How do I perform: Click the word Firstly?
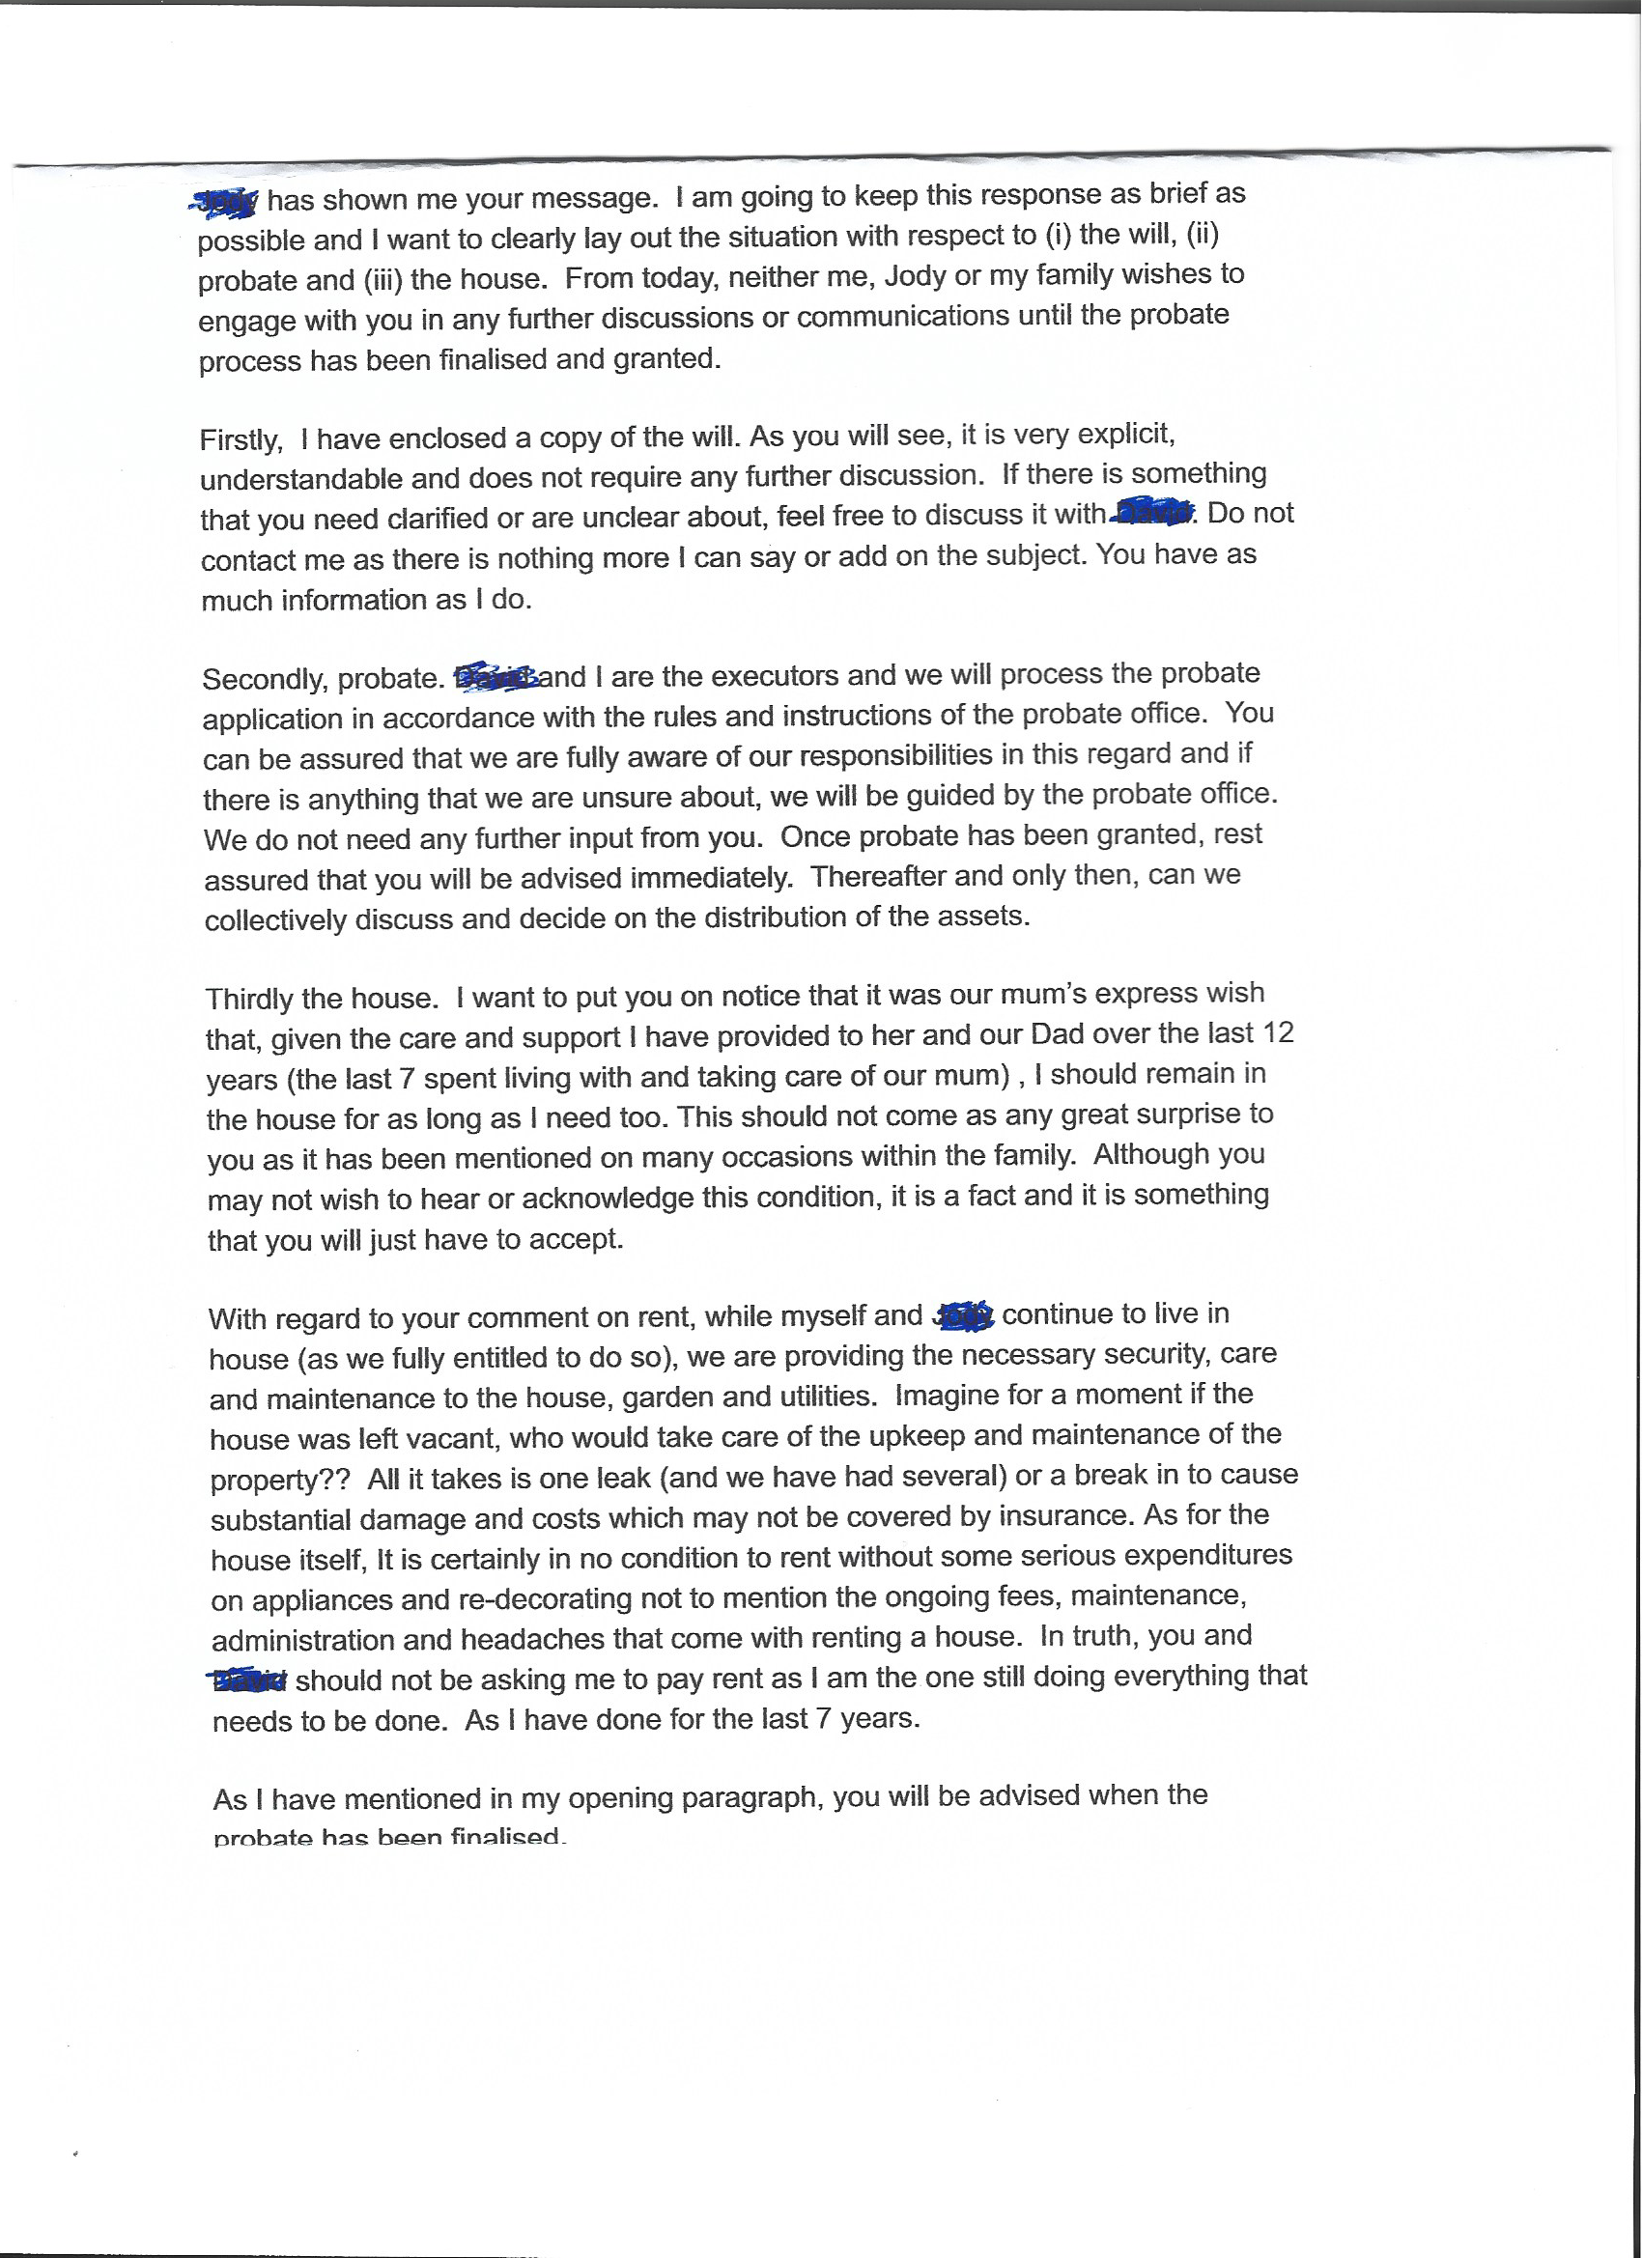240,440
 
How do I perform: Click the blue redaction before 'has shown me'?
225,201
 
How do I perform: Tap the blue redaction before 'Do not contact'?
1152,513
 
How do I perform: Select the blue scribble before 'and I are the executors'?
495,677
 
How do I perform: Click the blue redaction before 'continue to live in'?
963,1316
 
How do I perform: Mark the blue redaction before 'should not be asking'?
250,1680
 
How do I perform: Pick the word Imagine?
947,1395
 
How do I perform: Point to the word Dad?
1057,1034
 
